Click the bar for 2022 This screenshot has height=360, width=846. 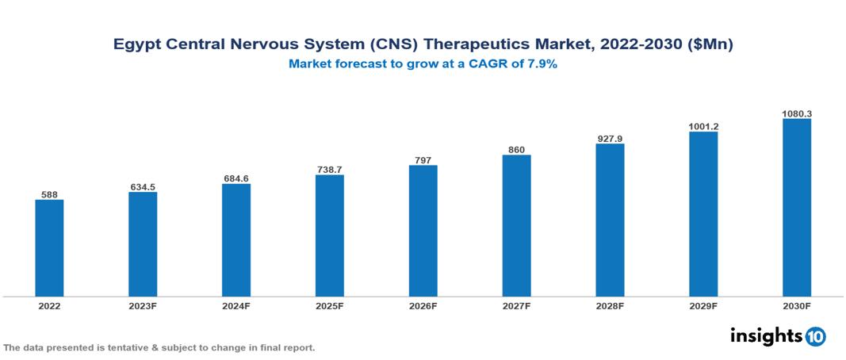click(x=49, y=248)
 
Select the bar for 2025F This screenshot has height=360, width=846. click(x=329, y=236)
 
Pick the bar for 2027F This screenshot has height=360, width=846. click(x=516, y=226)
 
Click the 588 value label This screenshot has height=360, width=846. click(x=49, y=193)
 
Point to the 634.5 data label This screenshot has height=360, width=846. click(x=143, y=186)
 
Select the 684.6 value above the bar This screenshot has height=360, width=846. click(x=236, y=178)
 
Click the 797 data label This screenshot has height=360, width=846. click(x=423, y=159)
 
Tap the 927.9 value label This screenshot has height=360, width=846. click(x=610, y=138)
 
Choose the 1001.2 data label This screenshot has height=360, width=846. click(x=703, y=126)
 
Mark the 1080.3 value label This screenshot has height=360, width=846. click(x=796, y=113)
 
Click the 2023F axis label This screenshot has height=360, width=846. click(x=143, y=305)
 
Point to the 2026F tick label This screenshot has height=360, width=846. click(x=423, y=305)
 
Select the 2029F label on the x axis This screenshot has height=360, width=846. click(x=703, y=305)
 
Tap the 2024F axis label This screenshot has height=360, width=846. click(x=236, y=305)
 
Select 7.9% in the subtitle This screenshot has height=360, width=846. click(x=542, y=64)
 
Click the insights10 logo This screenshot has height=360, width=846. click(x=777, y=336)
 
